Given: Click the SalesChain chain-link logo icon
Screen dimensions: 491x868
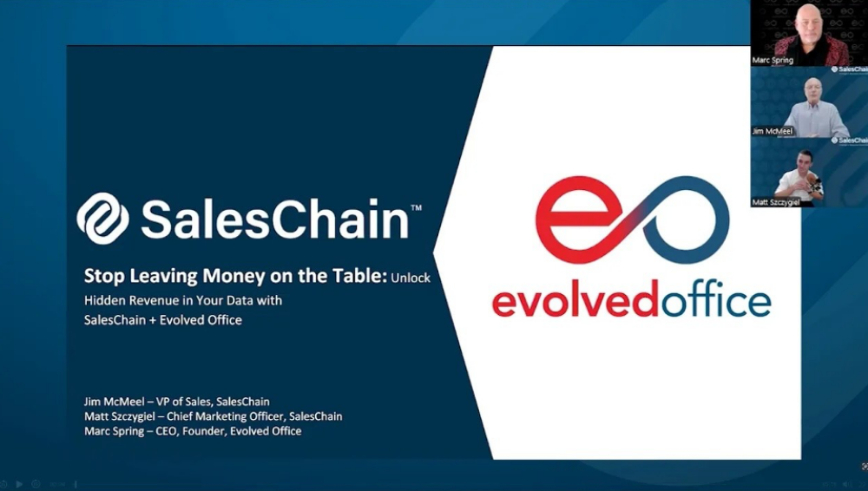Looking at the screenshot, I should (x=102, y=218).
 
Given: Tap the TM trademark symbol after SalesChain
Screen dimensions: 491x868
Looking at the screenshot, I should (x=416, y=209).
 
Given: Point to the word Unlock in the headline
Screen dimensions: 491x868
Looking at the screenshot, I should (x=411, y=278).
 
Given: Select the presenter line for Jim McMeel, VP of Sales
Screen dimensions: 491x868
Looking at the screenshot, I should (x=176, y=402).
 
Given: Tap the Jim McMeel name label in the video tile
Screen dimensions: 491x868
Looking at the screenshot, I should (x=773, y=132).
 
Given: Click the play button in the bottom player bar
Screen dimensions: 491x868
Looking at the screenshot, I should (x=20, y=484).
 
